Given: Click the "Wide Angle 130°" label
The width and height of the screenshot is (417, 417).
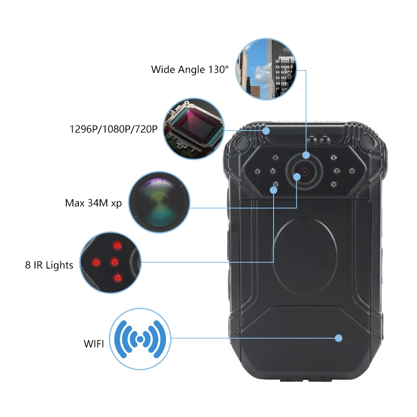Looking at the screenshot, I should (190, 69).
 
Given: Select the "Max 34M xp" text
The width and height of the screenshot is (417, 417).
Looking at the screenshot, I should (93, 203).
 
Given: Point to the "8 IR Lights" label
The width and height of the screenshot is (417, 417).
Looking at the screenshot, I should (49, 265).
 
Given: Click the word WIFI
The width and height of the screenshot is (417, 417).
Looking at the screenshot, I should (94, 344).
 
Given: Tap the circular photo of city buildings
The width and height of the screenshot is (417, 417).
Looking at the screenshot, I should (266, 69).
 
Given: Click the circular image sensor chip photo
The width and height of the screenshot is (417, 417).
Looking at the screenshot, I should (194, 129).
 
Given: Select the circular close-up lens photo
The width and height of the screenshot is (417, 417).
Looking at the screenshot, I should (159, 203).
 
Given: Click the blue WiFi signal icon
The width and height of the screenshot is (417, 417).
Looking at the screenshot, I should (140, 339).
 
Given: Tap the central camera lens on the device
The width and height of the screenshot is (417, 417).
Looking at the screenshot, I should (304, 172).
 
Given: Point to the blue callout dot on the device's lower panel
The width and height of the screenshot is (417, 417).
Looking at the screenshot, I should (339, 338).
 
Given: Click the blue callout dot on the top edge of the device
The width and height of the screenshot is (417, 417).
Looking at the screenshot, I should (266, 131).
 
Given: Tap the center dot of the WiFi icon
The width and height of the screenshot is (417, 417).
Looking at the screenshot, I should (140, 339).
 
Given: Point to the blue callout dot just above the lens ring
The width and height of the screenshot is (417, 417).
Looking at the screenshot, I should (306, 155).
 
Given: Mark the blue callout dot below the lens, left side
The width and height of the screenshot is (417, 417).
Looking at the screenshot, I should (274, 190).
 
